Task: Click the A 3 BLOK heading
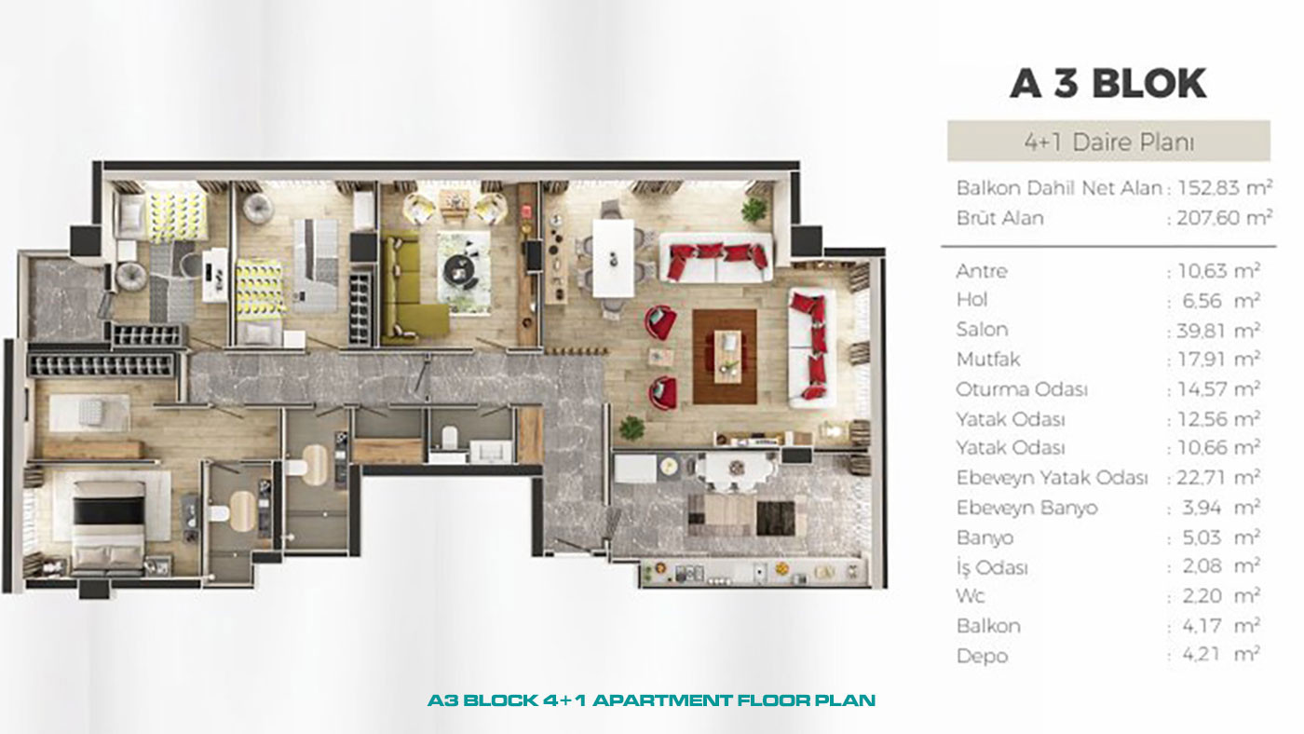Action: click(x=1107, y=83)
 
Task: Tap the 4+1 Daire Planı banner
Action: click(x=1108, y=142)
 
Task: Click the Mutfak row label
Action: click(x=988, y=360)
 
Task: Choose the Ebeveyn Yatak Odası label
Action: click(x=1052, y=478)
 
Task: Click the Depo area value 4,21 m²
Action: click(x=1221, y=654)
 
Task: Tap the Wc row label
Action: click(x=970, y=595)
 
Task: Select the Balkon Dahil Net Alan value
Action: click(x=1225, y=187)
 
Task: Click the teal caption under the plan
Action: click(x=651, y=700)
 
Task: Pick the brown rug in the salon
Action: click(x=725, y=357)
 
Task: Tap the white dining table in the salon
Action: click(x=613, y=258)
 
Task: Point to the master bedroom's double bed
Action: click(x=109, y=528)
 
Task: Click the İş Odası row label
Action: click(x=992, y=566)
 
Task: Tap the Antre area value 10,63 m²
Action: click(x=1219, y=271)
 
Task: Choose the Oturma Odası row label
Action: click(x=1022, y=389)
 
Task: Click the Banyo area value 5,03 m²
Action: click(x=1221, y=537)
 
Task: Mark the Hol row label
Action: click(x=971, y=300)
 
